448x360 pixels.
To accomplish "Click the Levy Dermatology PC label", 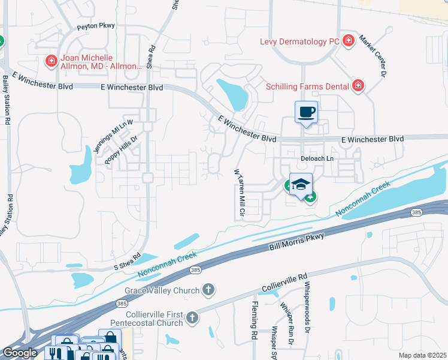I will [299, 41].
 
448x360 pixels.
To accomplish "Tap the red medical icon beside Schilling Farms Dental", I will [358, 86].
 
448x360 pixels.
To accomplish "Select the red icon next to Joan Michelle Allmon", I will [52, 61].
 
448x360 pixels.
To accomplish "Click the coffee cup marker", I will [306, 112].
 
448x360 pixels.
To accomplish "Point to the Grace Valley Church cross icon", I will [208, 290].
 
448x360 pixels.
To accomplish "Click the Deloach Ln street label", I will [317, 158].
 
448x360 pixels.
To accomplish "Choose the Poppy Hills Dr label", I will [121, 149].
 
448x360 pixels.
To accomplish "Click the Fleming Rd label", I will [253, 323].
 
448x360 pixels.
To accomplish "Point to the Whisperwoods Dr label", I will [307, 307].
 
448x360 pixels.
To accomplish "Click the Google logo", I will [20, 353].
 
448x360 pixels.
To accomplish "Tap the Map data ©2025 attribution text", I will [422, 355].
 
